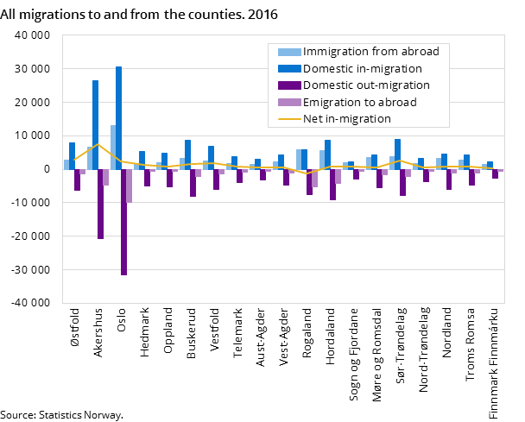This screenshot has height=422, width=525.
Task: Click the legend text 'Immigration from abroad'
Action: click(370, 52)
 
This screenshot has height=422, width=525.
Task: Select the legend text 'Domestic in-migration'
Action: click(363, 68)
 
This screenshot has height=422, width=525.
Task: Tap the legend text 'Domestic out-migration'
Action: click(366, 85)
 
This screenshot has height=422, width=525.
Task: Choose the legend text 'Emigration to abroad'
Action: click(359, 102)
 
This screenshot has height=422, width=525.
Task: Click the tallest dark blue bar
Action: click(118, 118)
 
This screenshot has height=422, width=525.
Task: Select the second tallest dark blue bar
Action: click(95, 125)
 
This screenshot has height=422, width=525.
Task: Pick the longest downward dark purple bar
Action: click(123, 222)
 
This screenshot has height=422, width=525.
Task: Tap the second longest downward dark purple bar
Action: click(100, 204)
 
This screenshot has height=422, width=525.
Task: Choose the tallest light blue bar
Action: click(113, 148)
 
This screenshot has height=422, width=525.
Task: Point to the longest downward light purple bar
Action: click(130, 186)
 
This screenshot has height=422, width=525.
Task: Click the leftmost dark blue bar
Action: click(72, 156)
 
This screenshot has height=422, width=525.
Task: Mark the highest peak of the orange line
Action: click(98, 144)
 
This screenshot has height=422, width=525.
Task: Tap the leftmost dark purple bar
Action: click(77, 180)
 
